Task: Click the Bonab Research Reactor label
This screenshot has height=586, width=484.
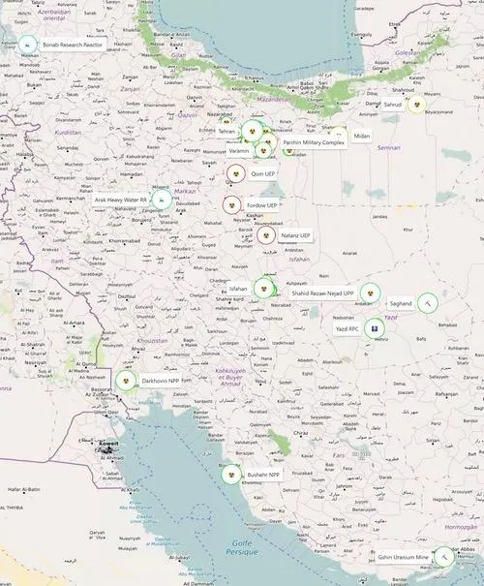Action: tap(73, 45)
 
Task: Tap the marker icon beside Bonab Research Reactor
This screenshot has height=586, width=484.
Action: tap(27, 45)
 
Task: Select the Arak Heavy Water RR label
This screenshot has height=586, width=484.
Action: tap(120, 200)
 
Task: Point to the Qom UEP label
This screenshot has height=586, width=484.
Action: tap(263, 173)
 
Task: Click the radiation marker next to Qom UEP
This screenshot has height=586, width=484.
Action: tap(235, 173)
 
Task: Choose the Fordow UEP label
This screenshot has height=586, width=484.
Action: tap(261, 205)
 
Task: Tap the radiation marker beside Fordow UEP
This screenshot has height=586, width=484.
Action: tap(231, 205)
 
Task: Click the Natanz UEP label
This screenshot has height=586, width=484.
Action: tap(295, 235)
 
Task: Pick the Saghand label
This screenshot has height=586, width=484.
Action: tap(400, 303)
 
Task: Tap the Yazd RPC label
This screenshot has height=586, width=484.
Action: tap(347, 329)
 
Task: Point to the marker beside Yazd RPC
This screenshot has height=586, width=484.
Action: tap(375, 329)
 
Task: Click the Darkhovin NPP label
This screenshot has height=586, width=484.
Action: tap(160, 381)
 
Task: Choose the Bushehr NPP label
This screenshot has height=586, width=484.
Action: tap(262, 475)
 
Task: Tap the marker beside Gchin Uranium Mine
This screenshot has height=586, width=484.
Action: tap(443, 557)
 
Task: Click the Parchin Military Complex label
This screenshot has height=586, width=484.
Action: tap(314, 142)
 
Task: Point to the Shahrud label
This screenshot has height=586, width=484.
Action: tap(391, 104)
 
